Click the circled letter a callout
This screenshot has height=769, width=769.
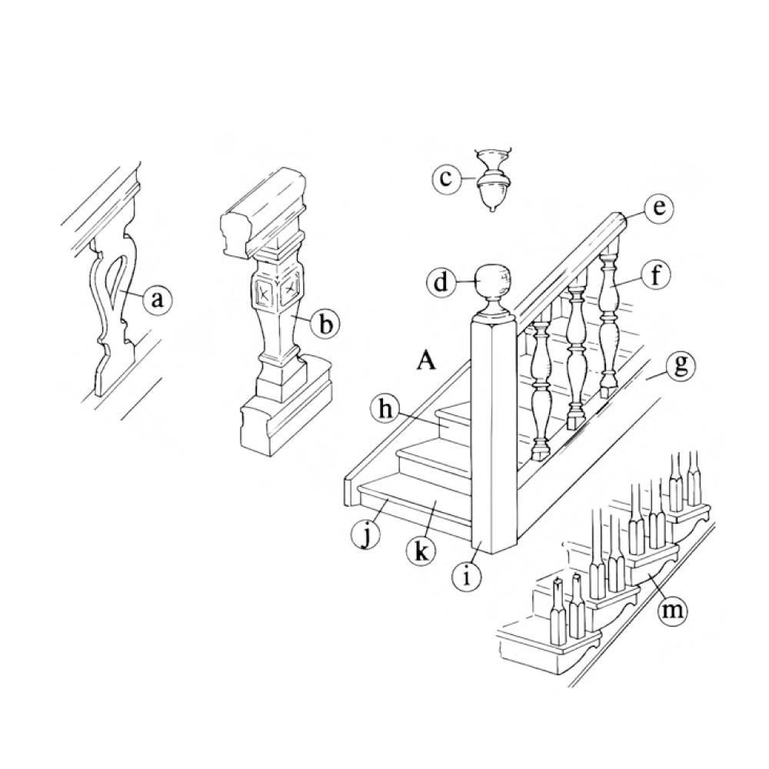coord(157,298)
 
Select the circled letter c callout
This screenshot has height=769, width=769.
coord(444,178)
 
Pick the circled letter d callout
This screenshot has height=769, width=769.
coord(442,281)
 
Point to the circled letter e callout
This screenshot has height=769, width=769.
coord(658,208)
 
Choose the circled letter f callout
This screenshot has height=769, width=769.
coord(656,277)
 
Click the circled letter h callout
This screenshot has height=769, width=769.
coord(386,410)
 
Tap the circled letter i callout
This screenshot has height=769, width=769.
coord(467,575)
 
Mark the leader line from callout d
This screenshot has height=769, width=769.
coord(468,281)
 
